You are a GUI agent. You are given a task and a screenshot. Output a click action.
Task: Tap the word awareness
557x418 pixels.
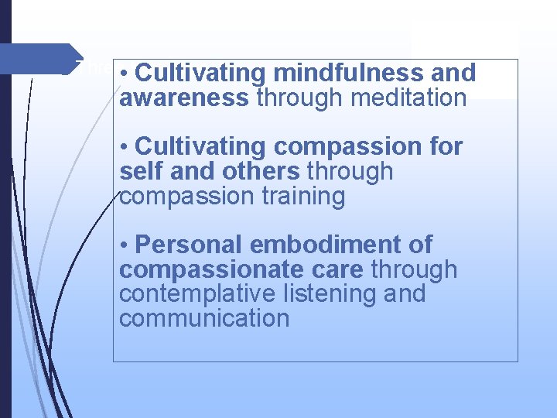point(184,98)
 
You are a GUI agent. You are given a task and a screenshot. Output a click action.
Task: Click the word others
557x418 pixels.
point(260,171)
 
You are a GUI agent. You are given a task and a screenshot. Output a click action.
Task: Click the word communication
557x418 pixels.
point(204,318)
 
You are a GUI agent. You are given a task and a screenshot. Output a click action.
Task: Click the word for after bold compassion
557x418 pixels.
point(446,146)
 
